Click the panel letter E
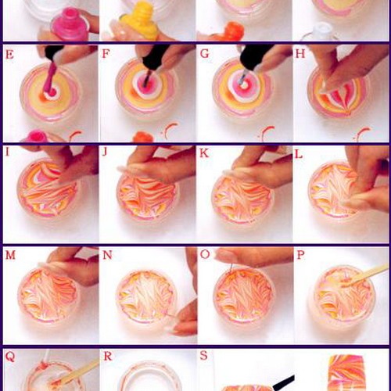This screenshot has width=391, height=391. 9,55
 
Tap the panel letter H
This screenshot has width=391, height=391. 300,53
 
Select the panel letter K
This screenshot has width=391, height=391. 204,153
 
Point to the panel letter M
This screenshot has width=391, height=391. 10,255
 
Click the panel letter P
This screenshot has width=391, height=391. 300,255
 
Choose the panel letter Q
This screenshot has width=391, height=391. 10,357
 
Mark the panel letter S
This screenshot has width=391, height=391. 203,355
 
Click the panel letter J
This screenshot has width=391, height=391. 105,152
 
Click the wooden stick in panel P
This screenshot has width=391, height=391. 365,275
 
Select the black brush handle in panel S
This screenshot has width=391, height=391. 283,382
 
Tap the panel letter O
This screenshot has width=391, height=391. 205,254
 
